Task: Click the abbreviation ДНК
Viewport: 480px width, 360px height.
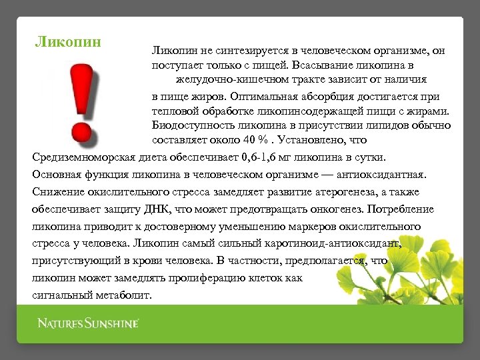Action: click(164, 209)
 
